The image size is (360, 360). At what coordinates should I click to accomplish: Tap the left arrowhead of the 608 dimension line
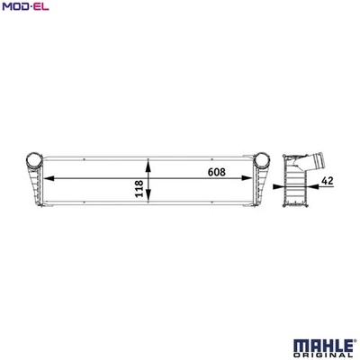[x=45, y=178]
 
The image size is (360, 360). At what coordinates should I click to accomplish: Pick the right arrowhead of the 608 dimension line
[x=255, y=178]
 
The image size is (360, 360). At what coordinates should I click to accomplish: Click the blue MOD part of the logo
[x=14, y=8]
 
